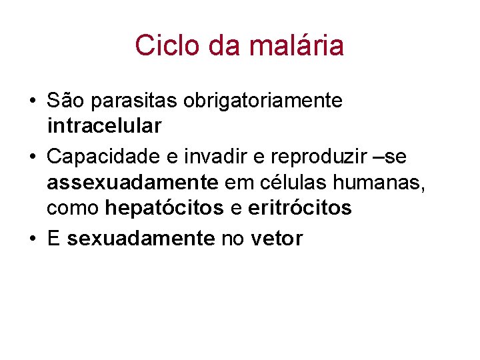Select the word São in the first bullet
click(63, 101)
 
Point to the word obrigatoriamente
click(263, 101)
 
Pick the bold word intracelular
click(104, 125)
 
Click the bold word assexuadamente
click(132, 182)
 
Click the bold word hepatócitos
click(165, 208)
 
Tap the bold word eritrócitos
click(299, 208)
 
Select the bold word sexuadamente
click(141, 239)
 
